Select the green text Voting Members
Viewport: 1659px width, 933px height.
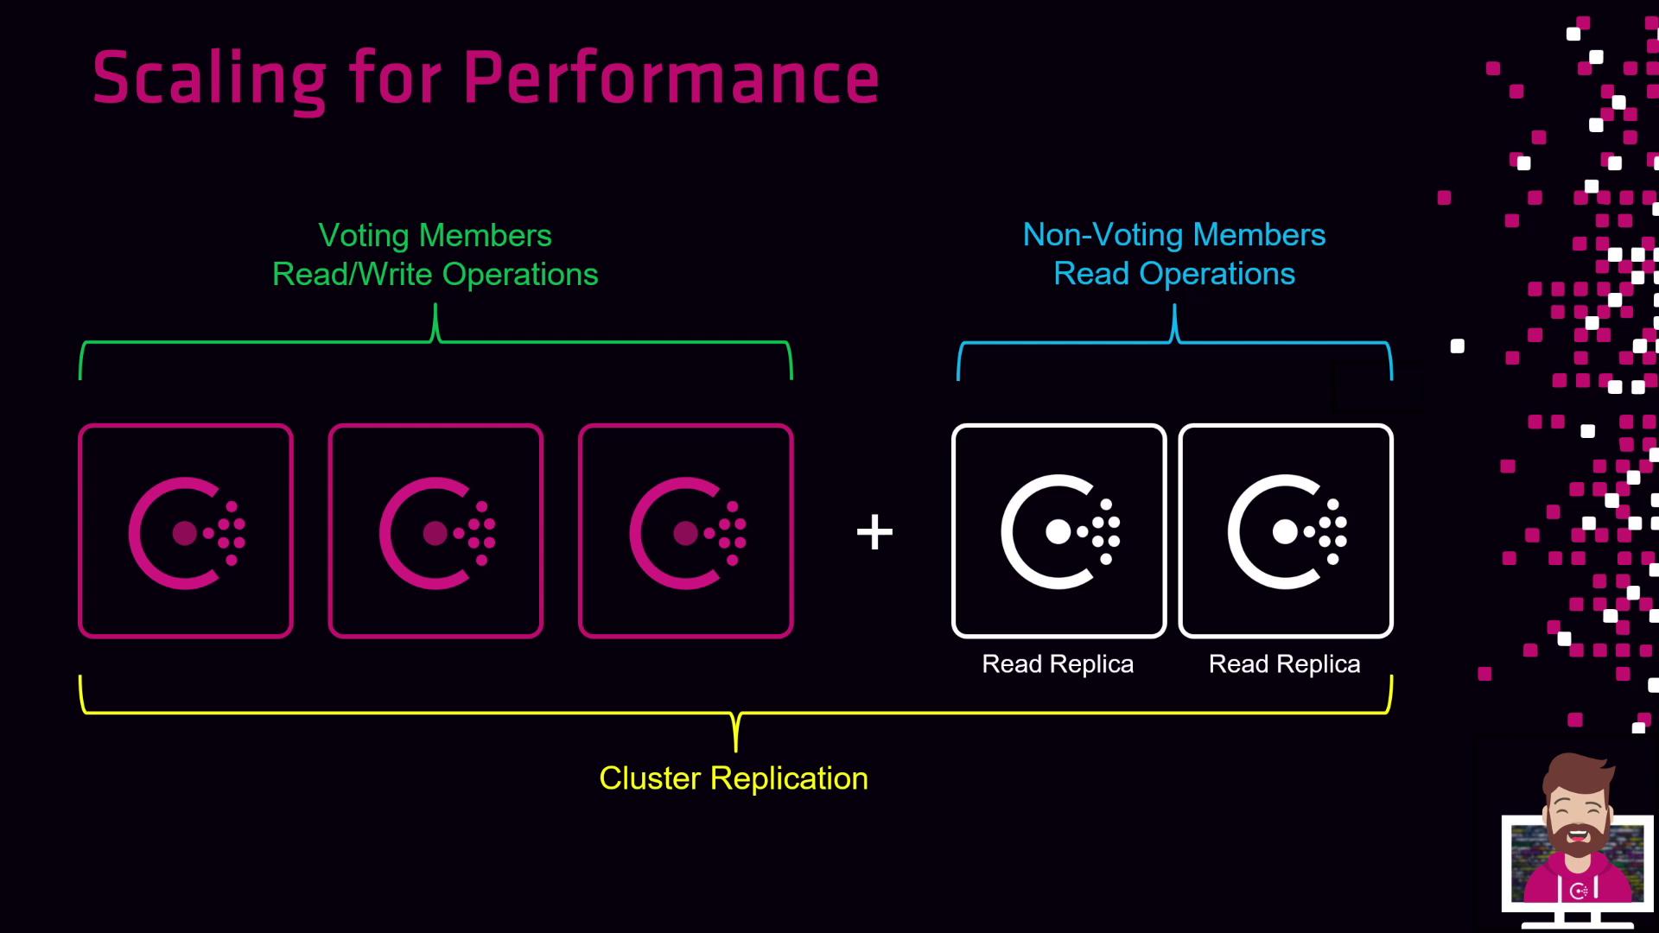coord(435,235)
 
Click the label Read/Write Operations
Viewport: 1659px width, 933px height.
coord(435,274)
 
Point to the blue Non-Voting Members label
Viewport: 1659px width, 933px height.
coord(1173,234)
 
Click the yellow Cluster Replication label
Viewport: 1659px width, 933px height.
coord(734,778)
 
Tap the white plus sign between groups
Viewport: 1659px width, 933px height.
coord(874,532)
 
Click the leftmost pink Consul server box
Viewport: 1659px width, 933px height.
coord(186,531)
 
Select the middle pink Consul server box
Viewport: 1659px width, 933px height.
coord(435,531)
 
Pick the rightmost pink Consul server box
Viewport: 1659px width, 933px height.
coord(686,531)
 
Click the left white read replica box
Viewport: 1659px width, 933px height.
coord(1058,531)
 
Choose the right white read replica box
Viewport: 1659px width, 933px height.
coord(1286,531)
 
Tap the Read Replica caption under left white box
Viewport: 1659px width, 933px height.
coord(1058,663)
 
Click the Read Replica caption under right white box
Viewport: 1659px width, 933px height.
coord(1284,663)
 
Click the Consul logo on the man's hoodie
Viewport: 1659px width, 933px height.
coord(1580,891)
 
